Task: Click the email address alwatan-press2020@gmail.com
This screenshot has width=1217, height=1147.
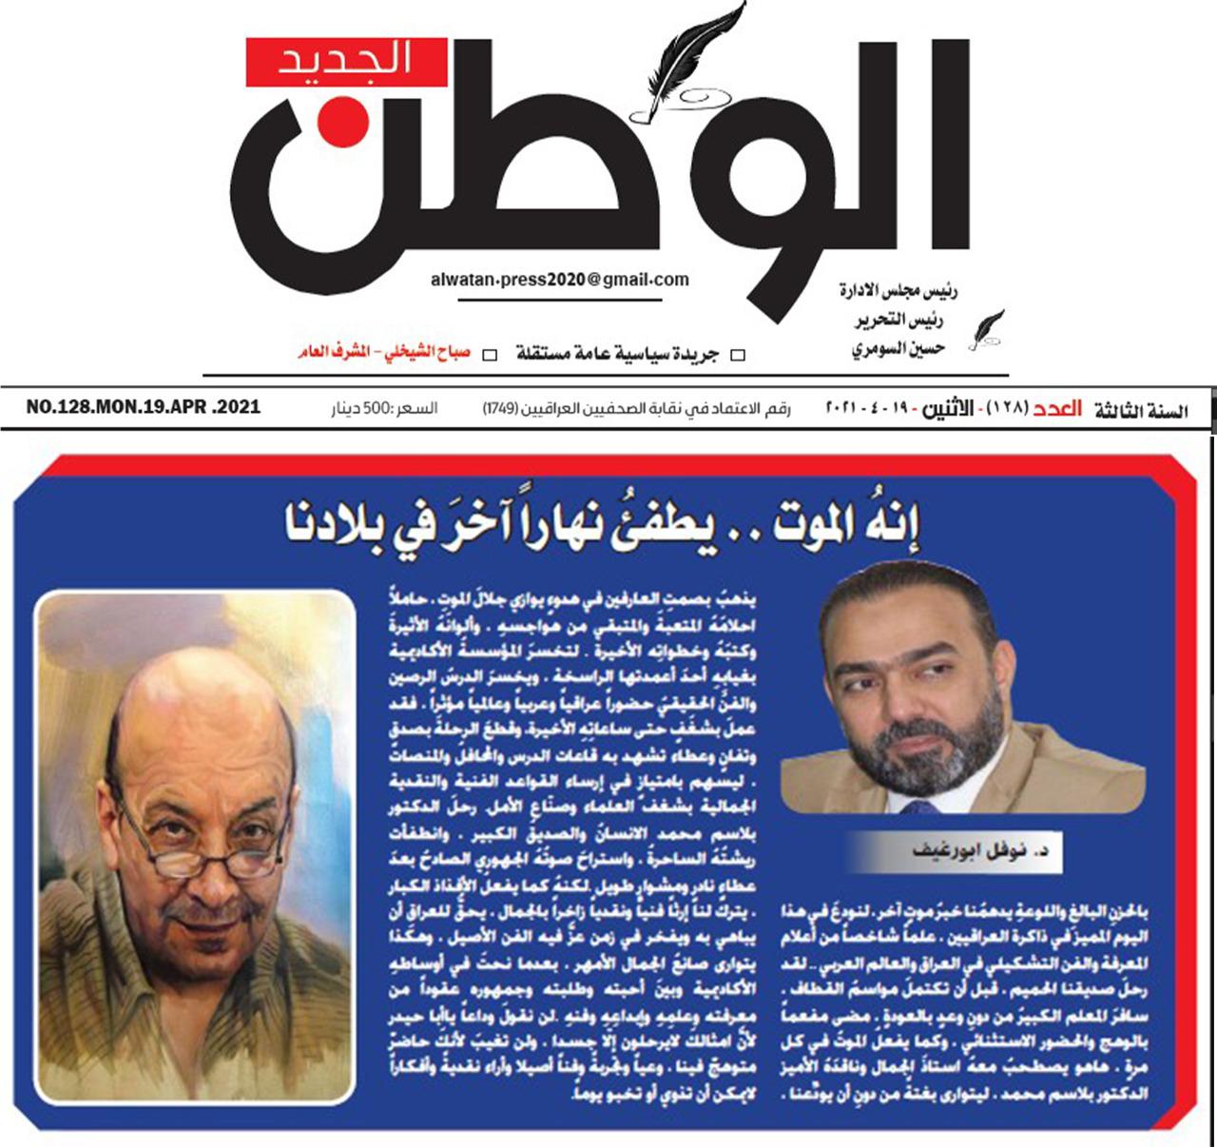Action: click(559, 280)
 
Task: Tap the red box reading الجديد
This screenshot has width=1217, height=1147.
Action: click(346, 62)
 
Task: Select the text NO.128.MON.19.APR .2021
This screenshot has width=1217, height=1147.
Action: click(144, 407)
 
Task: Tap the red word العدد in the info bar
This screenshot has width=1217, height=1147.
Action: click(1057, 410)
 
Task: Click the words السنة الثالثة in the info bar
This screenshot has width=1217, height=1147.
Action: click(1141, 411)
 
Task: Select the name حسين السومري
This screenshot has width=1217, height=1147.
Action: click(898, 349)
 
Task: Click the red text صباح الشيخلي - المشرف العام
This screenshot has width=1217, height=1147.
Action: click(384, 354)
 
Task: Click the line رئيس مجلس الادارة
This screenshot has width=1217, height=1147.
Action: click(898, 290)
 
